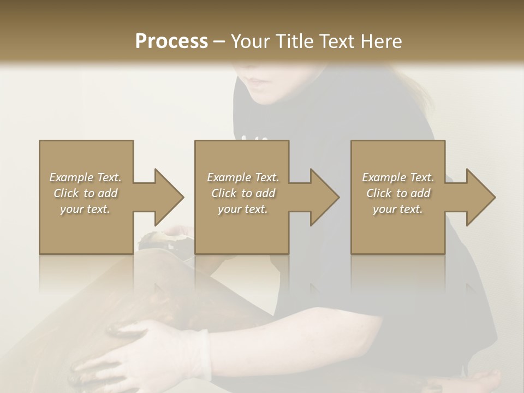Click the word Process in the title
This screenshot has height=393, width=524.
171,41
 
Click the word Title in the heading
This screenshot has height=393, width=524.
293,41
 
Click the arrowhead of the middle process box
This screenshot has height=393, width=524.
324,197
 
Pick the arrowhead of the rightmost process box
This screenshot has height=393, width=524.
480,197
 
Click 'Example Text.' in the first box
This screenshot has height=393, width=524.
85,177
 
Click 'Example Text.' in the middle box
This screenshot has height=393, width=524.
242,177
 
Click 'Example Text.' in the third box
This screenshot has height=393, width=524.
398,177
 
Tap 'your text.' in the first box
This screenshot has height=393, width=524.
85,209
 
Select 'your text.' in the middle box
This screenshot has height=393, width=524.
242,209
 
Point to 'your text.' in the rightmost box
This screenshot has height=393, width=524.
398,209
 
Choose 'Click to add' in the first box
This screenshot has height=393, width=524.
85,193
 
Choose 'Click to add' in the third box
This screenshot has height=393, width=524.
398,193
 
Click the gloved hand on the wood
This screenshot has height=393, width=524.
147,349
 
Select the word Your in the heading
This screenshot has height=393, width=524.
252,41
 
